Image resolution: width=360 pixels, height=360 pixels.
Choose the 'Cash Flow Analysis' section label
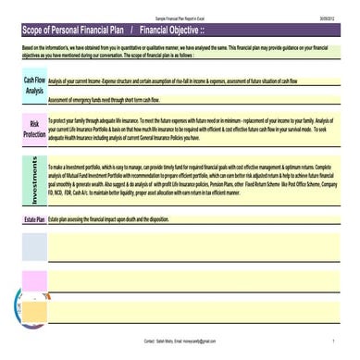click(33, 85)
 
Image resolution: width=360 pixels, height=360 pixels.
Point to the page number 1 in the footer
click(333, 341)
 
